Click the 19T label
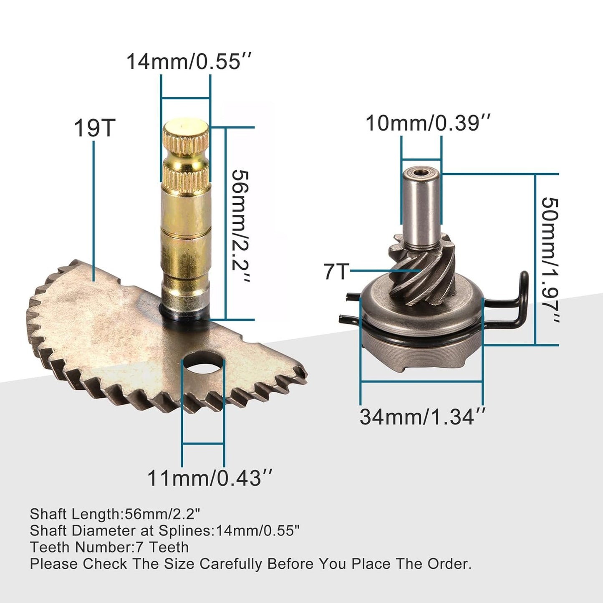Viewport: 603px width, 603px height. (x=94, y=128)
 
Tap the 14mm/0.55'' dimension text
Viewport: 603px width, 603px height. (x=189, y=62)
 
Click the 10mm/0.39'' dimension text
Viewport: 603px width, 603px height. (x=427, y=123)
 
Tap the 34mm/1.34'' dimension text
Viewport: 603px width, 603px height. (x=423, y=416)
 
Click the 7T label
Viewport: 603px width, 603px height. (x=336, y=272)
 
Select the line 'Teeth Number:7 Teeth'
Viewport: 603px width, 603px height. (x=109, y=547)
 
